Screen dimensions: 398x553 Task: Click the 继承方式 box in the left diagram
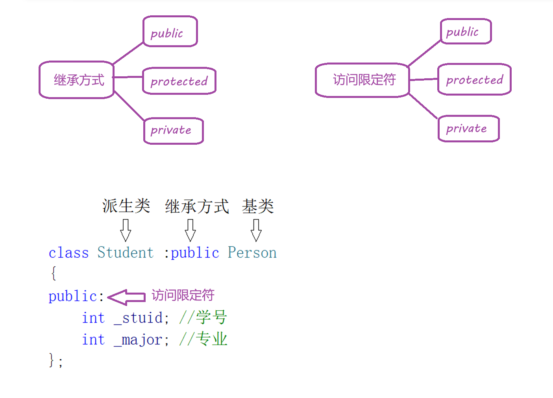point(77,80)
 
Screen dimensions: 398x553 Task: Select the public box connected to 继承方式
point(170,32)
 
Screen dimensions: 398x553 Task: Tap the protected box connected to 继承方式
point(179,81)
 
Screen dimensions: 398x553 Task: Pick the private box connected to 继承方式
point(173,131)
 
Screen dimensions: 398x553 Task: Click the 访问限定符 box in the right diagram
point(363,80)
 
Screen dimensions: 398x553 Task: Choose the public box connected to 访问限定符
point(466,31)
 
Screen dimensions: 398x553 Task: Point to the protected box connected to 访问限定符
point(474,79)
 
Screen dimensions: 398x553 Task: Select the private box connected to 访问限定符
point(468,129)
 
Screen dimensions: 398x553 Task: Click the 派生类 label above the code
point(126,206)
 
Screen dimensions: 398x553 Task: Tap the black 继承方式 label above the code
point(197,206)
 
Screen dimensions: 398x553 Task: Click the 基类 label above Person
point(258,206)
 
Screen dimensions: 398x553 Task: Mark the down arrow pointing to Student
point(126,230)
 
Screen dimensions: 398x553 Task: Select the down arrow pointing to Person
point(256,230)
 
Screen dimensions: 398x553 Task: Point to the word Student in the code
point(126,252)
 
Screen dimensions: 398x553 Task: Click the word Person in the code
point(252,252)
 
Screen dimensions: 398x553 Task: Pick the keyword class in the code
point(68,253)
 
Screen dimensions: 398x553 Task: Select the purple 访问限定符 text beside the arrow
point(183,295)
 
